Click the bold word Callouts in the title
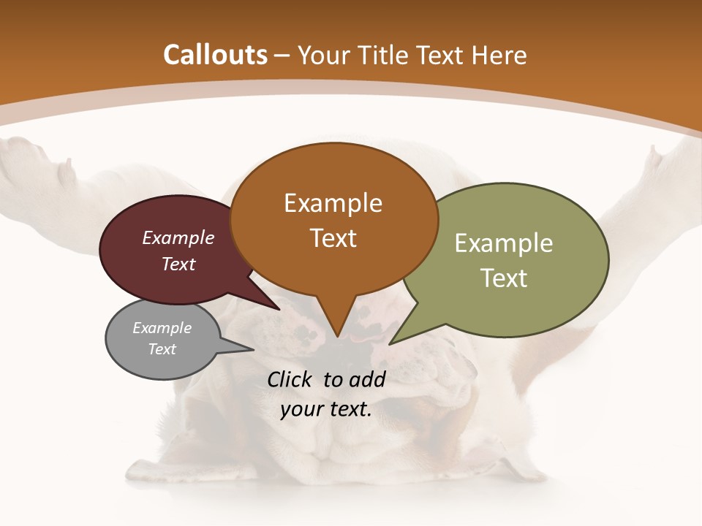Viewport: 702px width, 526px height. [215, 55]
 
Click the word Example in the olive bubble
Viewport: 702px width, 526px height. [504, 243]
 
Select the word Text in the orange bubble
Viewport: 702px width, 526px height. [333, 238]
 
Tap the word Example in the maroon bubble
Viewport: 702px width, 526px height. [178, 237]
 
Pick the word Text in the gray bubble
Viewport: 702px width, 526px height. [162, 349]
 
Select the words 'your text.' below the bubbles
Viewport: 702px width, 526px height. [326, 409]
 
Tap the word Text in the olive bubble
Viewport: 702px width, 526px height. [504, 278]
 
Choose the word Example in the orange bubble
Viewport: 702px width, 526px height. [333, 203]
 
